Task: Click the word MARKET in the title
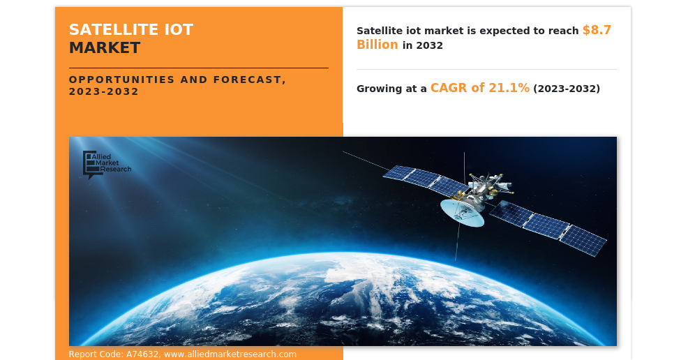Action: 104,48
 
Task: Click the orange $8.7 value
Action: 597,30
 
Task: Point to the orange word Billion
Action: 377,45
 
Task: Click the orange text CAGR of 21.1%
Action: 479,88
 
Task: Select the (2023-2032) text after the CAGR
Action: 566,89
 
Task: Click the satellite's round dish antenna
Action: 461,212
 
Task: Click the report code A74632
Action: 142,354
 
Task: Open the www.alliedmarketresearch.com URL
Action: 230,354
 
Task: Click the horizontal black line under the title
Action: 198,68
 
